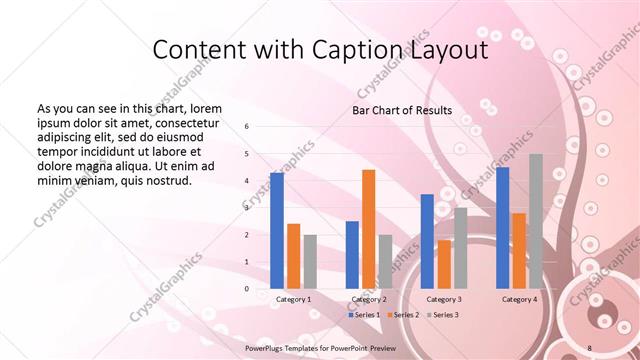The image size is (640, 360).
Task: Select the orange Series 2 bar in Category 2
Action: [x=369, y=229]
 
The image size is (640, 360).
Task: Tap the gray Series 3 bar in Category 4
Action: [x=536, y=221]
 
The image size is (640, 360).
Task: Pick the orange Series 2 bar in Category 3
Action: [x=444, y=264]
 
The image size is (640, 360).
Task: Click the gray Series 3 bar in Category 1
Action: [x=310, y=262]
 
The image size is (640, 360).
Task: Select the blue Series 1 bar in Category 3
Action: [x=427, y=241]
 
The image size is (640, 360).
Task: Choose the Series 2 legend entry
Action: [x=402, y=315]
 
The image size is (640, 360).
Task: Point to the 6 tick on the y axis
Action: [x=247, y=127]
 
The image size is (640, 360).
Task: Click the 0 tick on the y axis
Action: [x=247, y=289]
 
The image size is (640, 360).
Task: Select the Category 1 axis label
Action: [x=293, y=299]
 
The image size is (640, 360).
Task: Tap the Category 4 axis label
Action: [x=519, y=299]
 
